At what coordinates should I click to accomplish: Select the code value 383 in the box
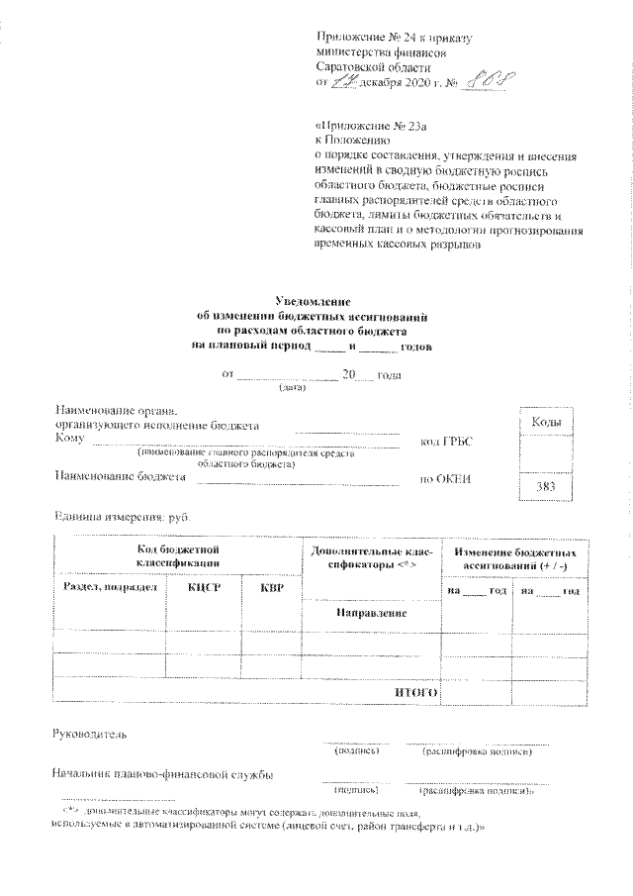point(545,487)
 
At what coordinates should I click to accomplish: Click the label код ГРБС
point(446,441)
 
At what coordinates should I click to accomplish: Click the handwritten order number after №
point(490,82)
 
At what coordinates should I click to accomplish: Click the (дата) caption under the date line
point(293,387)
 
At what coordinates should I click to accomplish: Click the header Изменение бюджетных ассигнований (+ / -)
point(513,555)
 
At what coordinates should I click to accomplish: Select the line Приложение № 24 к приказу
point(393,39)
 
